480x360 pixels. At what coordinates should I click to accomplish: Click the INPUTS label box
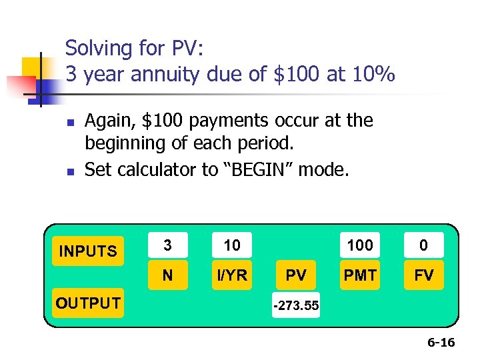point(87,251)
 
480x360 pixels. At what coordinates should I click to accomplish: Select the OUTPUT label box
point(87,303)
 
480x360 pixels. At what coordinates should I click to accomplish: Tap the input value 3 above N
point(167,245)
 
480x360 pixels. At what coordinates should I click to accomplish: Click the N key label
point(167,275)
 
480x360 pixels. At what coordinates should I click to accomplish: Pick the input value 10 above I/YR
point(232,245)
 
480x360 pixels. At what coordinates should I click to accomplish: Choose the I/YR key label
point(232,275)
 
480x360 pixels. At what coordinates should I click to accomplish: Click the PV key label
point(296,275)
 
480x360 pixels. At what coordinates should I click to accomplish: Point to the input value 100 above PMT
point(360,245)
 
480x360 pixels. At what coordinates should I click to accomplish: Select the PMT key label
point(360,275)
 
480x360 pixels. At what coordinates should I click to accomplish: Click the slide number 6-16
point(441,343)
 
